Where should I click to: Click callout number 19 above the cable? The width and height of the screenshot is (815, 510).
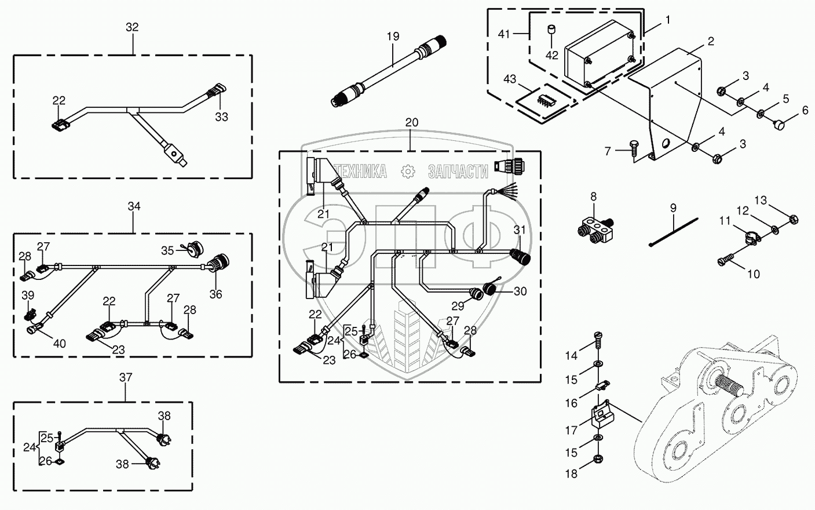[393, 37]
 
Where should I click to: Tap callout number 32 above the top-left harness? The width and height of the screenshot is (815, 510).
[132, 27]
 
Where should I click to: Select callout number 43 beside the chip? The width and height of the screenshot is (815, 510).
[509, 78]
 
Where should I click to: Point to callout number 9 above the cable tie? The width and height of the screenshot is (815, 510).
[673, 207]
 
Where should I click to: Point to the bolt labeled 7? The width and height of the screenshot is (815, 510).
[633, 150]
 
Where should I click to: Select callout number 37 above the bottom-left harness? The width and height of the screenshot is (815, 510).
[126, 377]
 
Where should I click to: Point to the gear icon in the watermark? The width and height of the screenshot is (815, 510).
[408, 171]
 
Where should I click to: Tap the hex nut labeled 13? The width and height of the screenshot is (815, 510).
[794, 220]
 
